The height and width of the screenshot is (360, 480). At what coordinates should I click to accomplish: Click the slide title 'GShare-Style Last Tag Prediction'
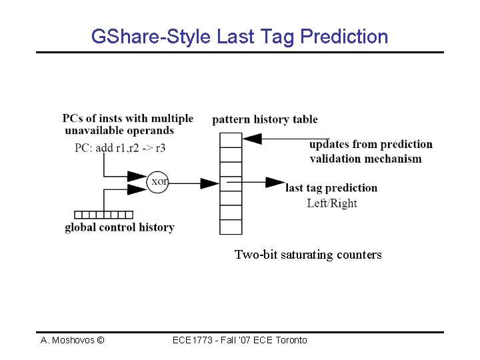click(x=239, y=37)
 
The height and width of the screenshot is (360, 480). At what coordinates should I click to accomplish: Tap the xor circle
click(x=158, y=181)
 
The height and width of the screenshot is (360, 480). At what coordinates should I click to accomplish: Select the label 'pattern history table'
click(x=265, y=120)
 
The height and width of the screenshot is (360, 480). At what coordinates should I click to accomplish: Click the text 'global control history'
click(x=119, y=227)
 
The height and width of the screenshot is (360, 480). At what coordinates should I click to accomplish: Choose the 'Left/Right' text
click(x=331, y=203)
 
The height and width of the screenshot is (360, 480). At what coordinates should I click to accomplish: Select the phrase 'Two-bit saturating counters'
click(x=308, y=254)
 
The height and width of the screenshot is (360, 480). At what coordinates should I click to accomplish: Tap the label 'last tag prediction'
click(x=331, y=188)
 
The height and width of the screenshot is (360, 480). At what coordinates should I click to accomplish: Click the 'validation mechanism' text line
click(x=365, y=159)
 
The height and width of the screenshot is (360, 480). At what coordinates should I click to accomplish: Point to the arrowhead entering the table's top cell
click(x=251, y=139)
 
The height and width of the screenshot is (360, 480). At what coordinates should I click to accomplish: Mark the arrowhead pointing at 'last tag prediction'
click(x=275, y=182)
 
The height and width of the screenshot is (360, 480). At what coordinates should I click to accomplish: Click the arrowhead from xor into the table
click(x=210, y=182)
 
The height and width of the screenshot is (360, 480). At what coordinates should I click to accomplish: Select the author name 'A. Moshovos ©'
click(x=72, y=340)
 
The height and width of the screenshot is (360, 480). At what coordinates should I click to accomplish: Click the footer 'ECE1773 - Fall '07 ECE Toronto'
click(x=239, y=340)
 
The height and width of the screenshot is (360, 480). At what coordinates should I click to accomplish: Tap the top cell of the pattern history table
click(x=231, y=139)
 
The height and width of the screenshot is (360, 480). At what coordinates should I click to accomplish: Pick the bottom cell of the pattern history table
click(x=231, y=227)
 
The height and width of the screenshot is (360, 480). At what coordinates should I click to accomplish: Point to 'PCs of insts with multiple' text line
click(x=128, y=119)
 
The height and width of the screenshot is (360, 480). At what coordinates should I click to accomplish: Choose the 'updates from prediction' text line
click(x=371, y=144)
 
